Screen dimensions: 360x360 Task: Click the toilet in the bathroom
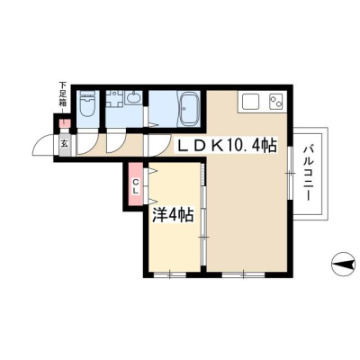point(88,103)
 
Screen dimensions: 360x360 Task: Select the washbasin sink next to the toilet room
point(133,98)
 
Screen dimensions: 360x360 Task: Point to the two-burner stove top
point(276,102)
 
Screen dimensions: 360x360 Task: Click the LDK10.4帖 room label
point(227,146)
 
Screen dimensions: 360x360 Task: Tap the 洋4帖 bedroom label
point(173,215)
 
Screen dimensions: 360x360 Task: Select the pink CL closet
point(136,184)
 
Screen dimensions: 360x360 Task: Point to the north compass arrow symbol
point(345,265)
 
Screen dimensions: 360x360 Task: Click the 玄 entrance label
point(65,144)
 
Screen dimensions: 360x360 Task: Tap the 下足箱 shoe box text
point(62,94)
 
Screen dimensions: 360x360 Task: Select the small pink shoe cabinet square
point(65,123)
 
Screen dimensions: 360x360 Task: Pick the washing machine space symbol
point(114,98)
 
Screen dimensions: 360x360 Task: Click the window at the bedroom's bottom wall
point(170,274)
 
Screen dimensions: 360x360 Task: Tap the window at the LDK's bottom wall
point(244,274)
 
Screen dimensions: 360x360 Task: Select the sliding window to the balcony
point(289,173)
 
